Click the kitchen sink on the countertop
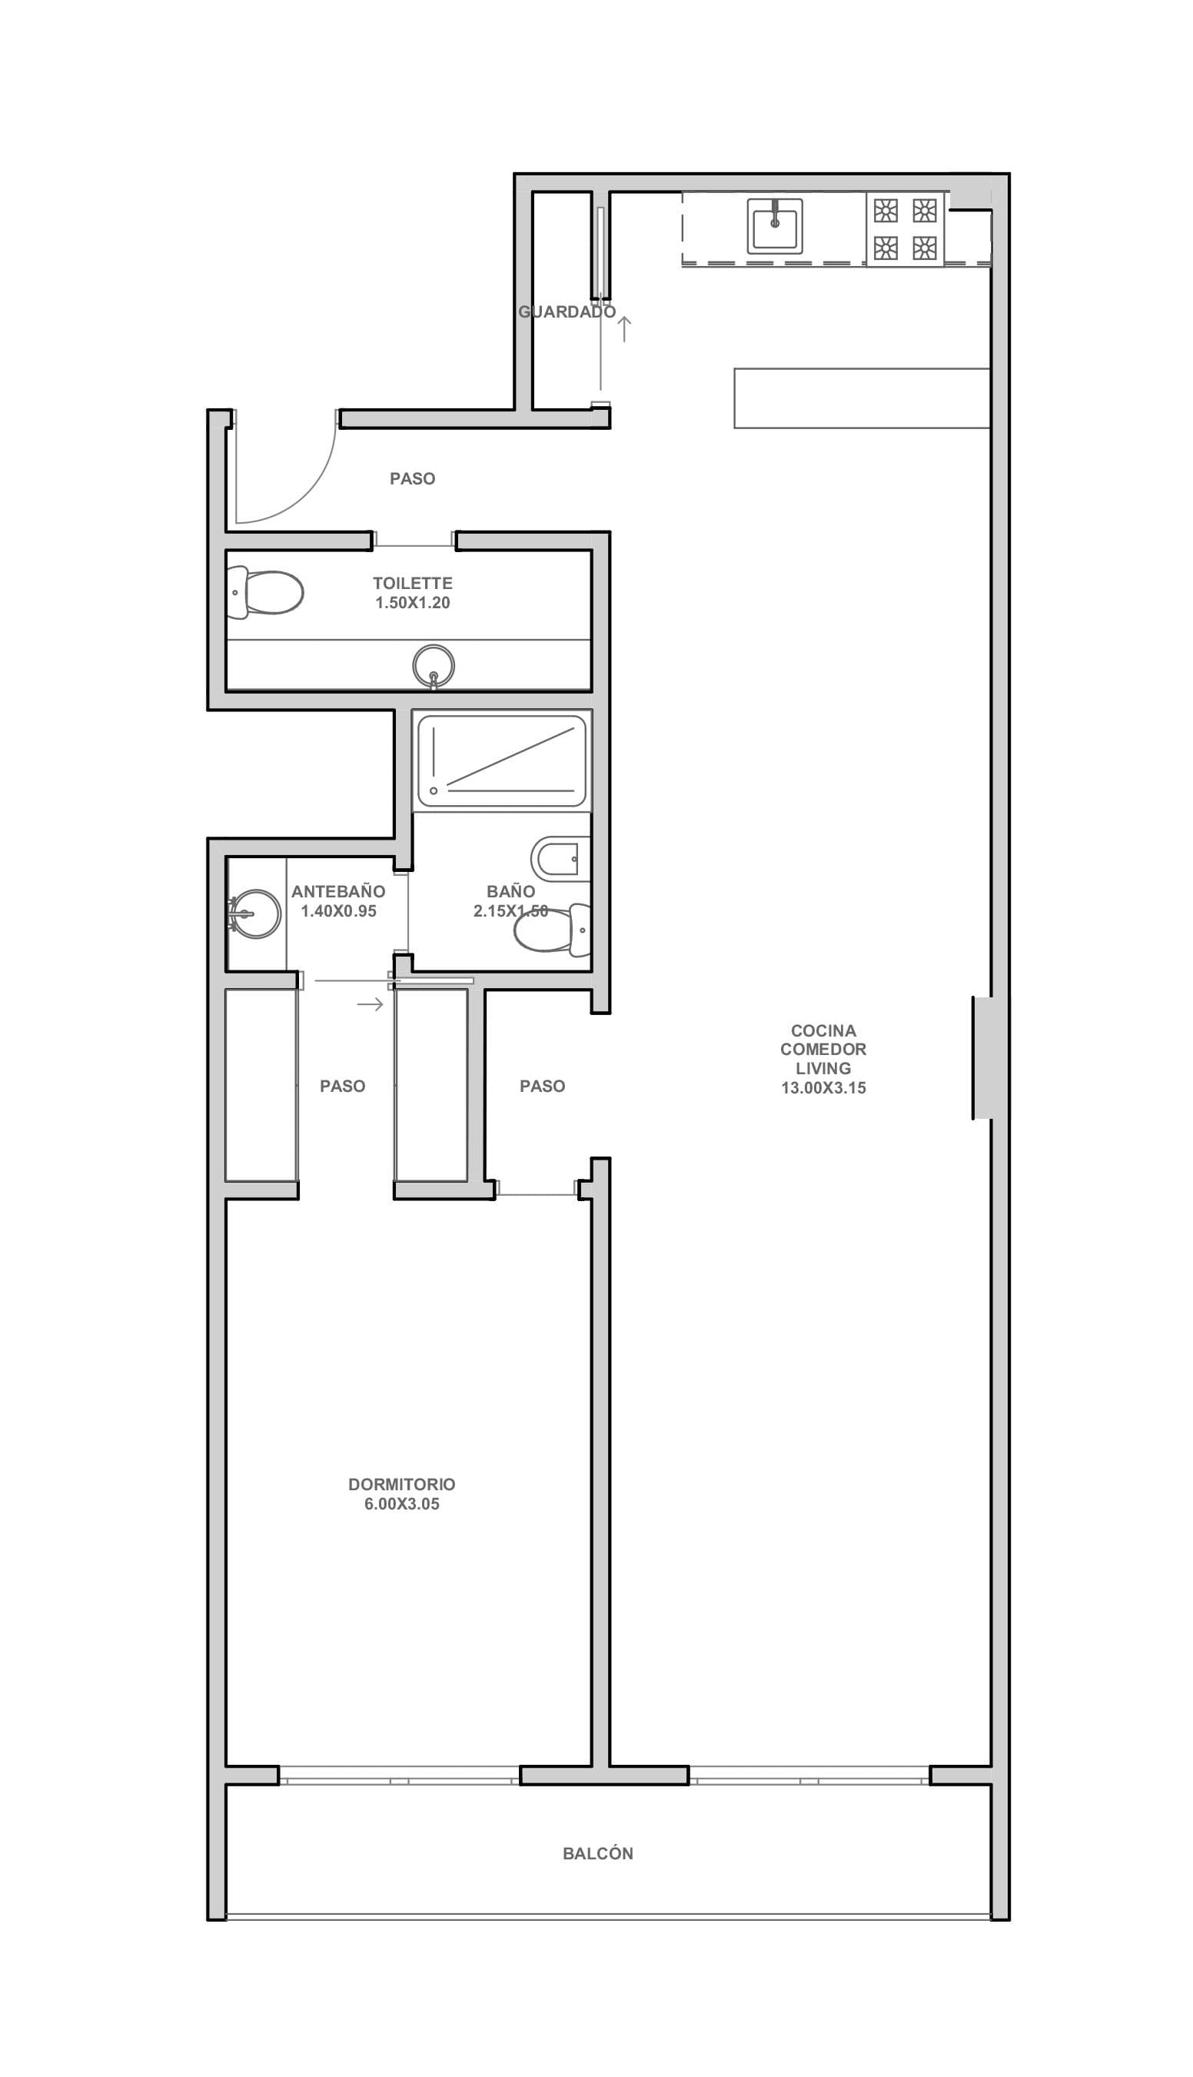coord(774,225)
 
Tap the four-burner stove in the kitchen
coord(905,228)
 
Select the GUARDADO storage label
coord(567,311)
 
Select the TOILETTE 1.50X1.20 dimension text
coord(412,602)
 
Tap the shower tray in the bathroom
coord(501,761)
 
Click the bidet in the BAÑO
coord(560,859)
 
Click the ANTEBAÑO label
coord(337,891)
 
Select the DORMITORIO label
coord(401,1483)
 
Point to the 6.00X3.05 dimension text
coord(401,1504)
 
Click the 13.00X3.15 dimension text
coord(822,1087)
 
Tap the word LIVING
coord(822,1068)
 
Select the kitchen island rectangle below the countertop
coord(862,398)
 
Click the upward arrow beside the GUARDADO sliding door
coord(624,328)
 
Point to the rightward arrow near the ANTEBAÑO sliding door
coord(371,1004)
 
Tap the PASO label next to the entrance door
coord(412,478)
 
